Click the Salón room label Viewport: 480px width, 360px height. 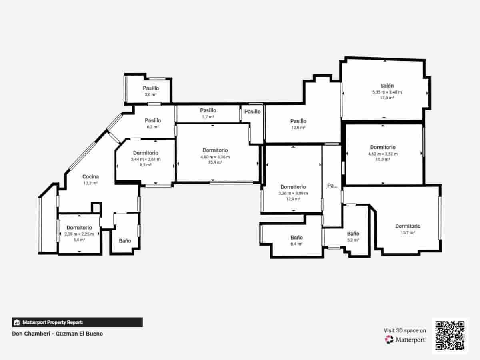(387, 86)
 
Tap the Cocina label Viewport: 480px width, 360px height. (91, 176)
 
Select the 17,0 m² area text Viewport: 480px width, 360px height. (387, 98)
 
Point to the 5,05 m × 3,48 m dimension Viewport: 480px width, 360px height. (387, 92)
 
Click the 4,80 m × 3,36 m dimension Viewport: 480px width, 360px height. (215, 157)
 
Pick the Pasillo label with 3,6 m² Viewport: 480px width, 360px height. (151, 88)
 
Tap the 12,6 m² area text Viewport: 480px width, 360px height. (298, 128)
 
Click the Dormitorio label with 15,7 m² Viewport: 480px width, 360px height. (408, 226)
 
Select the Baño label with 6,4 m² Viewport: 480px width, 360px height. (296, 237)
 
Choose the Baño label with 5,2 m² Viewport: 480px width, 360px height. (353, 234)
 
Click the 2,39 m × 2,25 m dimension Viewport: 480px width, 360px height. (79, 234)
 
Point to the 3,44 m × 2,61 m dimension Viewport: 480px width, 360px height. (146, 159)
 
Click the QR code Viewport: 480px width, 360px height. (450, 336)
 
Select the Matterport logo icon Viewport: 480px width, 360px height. (389, 340)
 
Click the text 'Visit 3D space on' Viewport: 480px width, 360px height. (405, 330)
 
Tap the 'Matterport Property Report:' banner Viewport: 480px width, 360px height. (77, 322)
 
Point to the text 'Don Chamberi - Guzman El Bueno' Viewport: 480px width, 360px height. (58, 334)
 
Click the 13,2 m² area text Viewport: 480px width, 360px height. (91, 183)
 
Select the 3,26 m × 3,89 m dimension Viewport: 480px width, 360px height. (293, 193)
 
